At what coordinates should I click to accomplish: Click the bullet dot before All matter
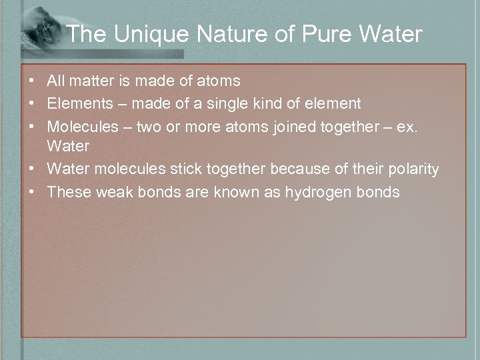tap(32, 81)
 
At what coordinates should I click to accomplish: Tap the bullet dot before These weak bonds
tap(32, 192)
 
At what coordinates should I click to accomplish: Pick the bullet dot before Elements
tap(32, 103)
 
